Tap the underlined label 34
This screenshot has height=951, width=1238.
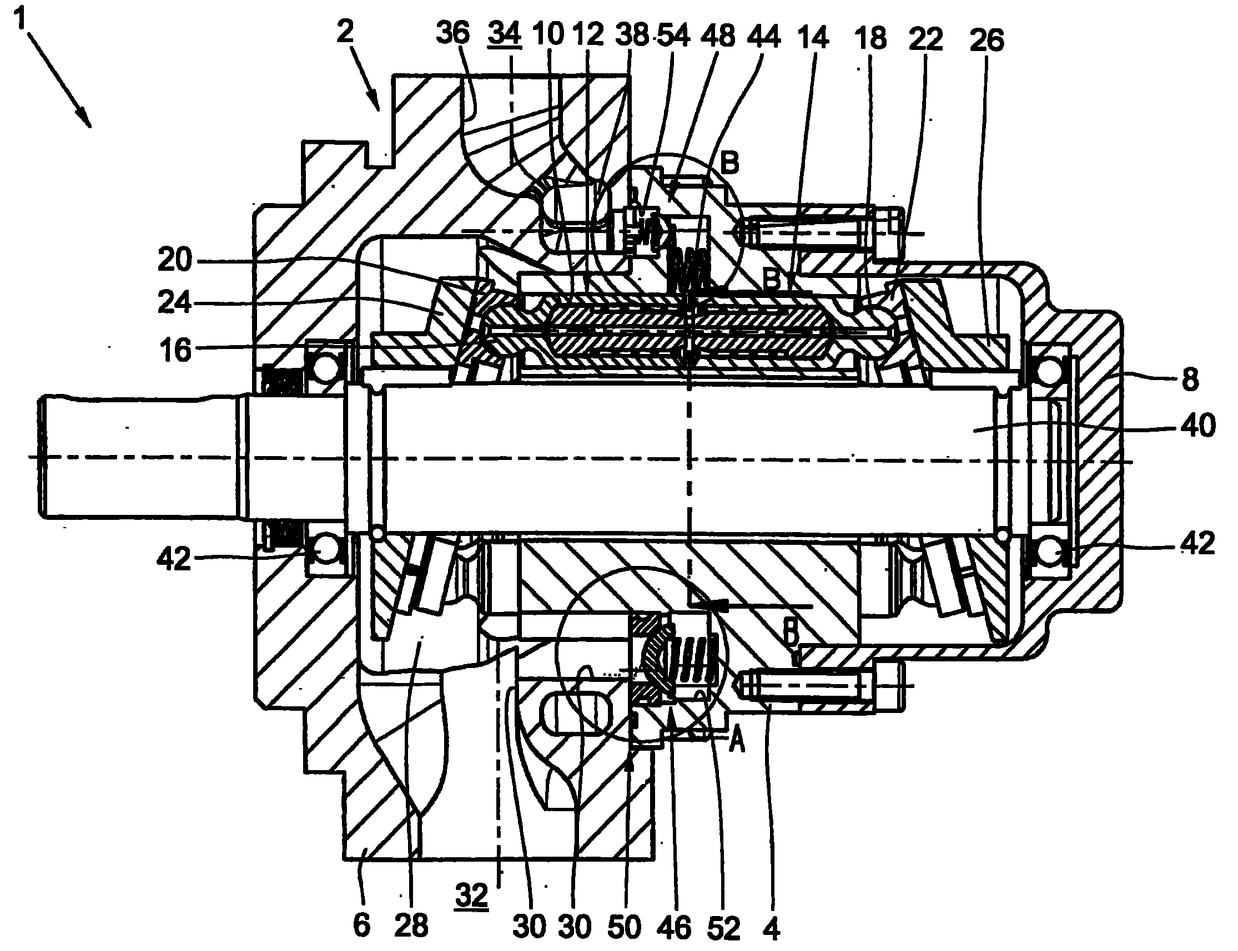click(504, 34)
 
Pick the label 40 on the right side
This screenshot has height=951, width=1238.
click(1198, 426)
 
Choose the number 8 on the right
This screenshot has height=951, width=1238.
click(1190, 380)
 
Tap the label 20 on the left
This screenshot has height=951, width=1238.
click(175, 260)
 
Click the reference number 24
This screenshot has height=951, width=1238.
click(175, 303)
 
